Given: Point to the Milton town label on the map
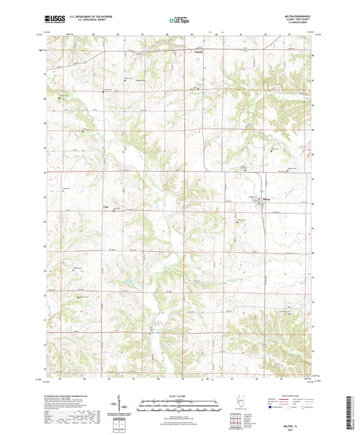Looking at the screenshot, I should (265, 199).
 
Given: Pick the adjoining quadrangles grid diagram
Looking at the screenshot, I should (237, 422).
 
